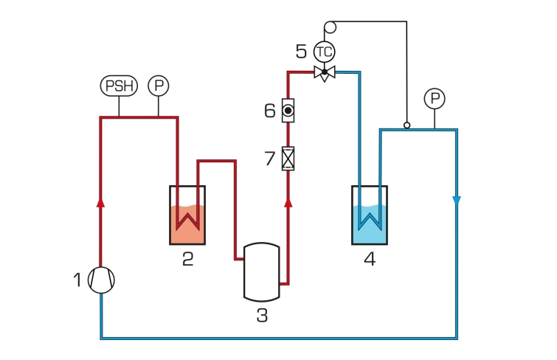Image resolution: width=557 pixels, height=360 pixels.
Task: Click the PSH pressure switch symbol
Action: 119,86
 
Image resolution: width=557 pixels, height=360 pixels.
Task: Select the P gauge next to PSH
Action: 159,86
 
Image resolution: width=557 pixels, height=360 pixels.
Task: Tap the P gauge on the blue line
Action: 435,98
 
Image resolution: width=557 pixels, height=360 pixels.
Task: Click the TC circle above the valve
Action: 324,52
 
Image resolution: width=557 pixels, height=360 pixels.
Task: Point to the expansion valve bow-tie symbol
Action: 324,72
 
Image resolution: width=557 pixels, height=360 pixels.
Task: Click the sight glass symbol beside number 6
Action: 288,111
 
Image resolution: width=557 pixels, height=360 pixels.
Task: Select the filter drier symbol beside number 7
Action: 288,158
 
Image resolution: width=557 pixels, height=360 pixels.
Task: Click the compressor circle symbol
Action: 101,280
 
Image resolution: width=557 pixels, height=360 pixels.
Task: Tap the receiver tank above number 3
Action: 262,271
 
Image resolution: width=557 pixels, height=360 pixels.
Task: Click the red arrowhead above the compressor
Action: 101,201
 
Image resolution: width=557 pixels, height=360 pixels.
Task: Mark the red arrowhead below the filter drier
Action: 288,201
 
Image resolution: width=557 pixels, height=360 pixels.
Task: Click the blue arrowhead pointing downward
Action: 457,201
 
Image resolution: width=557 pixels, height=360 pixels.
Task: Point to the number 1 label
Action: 77,280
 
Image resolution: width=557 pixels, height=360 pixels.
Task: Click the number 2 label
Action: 187,259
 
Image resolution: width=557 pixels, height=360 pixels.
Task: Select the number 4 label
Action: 370,259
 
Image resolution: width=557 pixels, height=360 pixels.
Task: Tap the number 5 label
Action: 301,52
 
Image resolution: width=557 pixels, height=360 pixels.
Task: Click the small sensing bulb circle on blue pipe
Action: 406,125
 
